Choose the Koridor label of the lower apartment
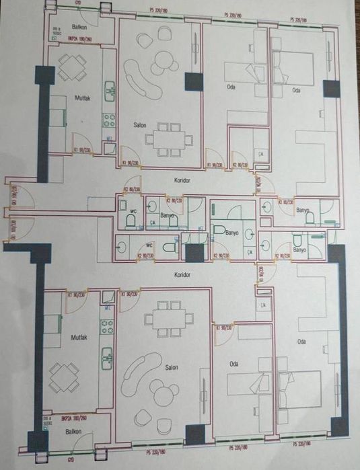pyautogui.click(x=182, y=275)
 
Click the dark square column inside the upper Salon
pyautogui.click(x=194, y=82)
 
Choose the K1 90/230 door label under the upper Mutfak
pyautogui.click(x=81, y=150)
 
